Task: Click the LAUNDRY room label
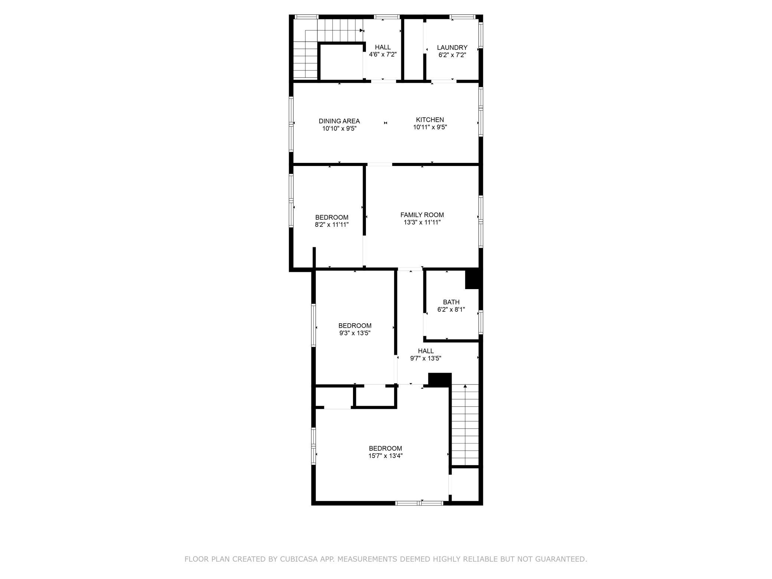(x=452, y=48)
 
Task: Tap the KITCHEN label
(x=430, y=120)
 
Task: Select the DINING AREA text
(x=339, y=121)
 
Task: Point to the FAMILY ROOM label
(x=422, y=215)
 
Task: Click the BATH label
(x=451, y=302)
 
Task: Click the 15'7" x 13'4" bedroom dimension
(x=385, y=456)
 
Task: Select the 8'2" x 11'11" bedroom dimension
(x=332, y=225)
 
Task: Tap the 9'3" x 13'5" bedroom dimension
(x=355, y=333)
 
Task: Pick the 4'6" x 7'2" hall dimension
(x=383, y=55)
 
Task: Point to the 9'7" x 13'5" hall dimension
(x=426, y=358)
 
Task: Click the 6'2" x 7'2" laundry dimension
(x=452, y=55)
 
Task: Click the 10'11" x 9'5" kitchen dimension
(x=430, y=127)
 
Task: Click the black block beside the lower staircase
(x=440, y=380)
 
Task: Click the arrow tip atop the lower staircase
(x=465, y=385)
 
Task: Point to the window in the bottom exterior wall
(x=419, y=503)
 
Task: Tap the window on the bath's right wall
(x=481, y=322)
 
